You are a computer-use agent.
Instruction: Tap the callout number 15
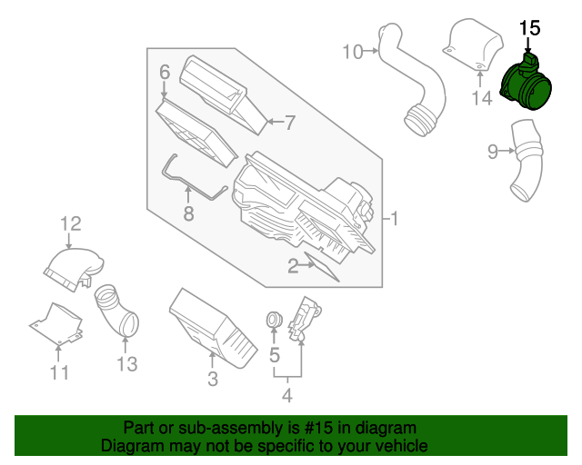tap(529, 28)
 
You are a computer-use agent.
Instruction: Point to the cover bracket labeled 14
tap(472, 46)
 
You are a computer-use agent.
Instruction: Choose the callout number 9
tap(493, 152)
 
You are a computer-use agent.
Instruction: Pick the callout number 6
tap(165, 72)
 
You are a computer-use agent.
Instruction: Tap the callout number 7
tap(290, 121)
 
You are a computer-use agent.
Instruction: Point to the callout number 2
tap(294, 266)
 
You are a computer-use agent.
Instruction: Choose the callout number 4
tap(286, 395)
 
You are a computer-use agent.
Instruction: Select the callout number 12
tap(71, 223)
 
